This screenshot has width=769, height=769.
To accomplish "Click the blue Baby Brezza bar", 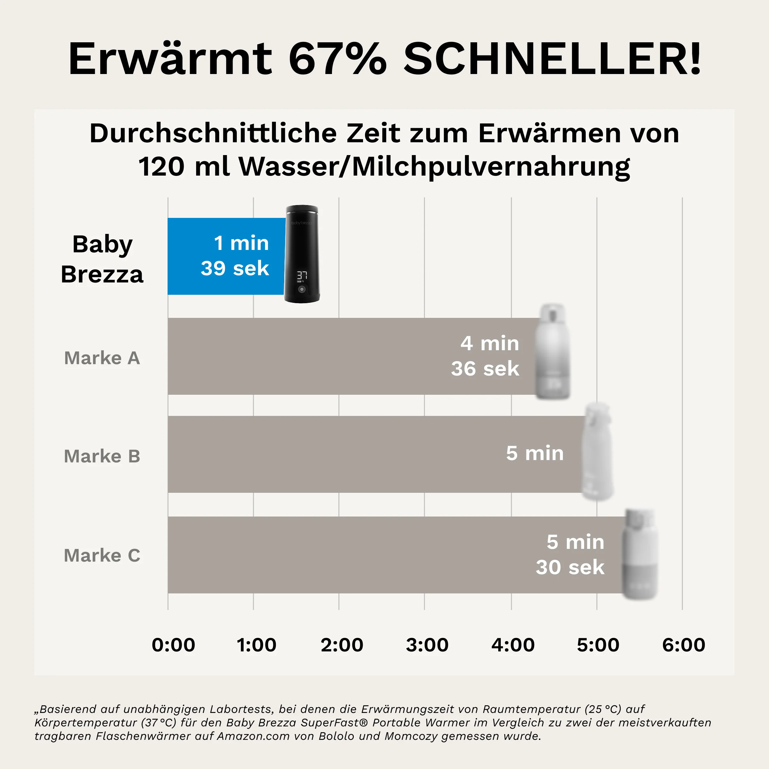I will pyautogui.click(x=226, y=256).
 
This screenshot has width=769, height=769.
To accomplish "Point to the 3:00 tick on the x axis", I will pyautogui.click(x=427, y=645).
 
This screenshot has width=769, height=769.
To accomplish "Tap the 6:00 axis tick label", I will pyautogui.click(x=683, y=645).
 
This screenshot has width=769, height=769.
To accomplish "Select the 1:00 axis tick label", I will pyautogui.click(x=256, y=645).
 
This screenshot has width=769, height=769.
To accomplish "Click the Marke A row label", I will pyautogui.click(x=102, y=358).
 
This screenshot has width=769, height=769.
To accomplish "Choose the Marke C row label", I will pyautogui.click(x=102, y=555).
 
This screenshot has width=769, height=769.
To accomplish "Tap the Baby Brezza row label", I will pyautogui.click(x=102, y=259).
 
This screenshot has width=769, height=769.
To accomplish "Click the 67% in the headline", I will pyautogui.click(x=337, y=59).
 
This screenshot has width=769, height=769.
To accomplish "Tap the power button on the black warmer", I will pyautogui.click(x=302, y=289).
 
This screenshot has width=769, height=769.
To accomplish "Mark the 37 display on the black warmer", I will pyautogui.click(x=302, y=275).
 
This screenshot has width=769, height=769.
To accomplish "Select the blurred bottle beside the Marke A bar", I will pyautogui.click(x=552, y=352).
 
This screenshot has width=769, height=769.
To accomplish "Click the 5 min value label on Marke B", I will pyautogui.click(x=534, y=453).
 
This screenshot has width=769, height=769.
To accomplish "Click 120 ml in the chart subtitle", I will pyautogui.click(x=183, y=166).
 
